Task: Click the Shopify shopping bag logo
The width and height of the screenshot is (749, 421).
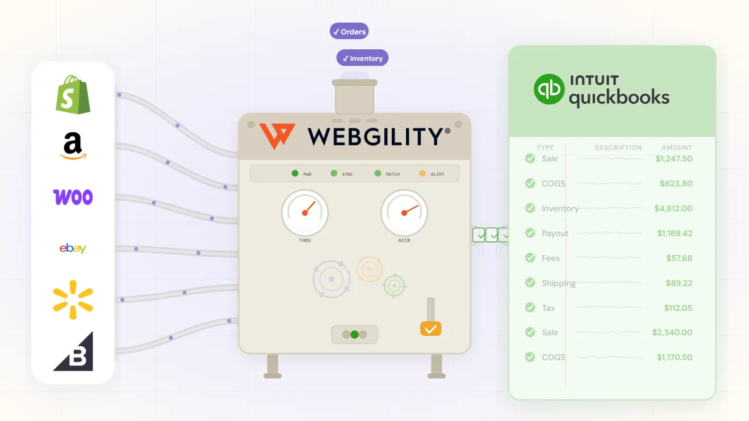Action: (73, 94)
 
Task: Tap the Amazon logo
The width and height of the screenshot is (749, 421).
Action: (73, 146)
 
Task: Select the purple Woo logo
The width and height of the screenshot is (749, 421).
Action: (73, 197)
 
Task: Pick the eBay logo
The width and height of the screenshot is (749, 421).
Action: (73, 248)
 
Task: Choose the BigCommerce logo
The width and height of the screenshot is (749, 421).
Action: (74, 352)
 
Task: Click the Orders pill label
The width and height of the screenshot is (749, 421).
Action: (349, 32)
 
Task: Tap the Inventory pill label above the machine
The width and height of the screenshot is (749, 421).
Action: (363, 58)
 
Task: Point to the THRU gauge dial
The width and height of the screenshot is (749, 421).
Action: (305, 213)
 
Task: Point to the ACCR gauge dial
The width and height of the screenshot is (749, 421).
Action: (404, 213)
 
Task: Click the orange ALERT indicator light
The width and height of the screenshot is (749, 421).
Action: (422, 173)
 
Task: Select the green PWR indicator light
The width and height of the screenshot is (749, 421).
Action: (295, 173)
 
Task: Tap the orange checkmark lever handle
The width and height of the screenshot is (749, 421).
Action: (430, 329)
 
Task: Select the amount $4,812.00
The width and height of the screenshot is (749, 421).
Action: (673, 209)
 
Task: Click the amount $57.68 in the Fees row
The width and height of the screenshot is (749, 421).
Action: (679, 258)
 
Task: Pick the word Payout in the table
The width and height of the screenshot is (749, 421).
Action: (555, 234)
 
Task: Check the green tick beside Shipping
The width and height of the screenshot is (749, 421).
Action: (530, 283)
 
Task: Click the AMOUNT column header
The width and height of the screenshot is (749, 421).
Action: (676, 148)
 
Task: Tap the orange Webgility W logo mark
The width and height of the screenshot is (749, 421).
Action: (277, 136)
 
